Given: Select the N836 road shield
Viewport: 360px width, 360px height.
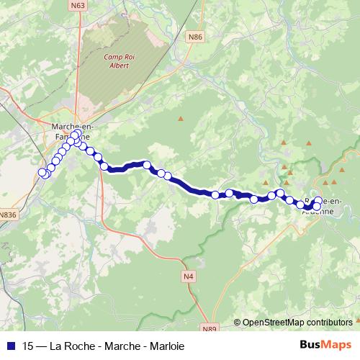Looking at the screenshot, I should point(8,214).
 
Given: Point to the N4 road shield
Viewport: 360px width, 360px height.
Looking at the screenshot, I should point(189,276).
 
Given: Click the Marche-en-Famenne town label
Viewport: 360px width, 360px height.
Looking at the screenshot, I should point(71,131).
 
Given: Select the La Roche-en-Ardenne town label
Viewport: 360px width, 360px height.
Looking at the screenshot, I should point(323,204).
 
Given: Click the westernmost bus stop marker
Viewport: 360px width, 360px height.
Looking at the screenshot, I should point(42,172).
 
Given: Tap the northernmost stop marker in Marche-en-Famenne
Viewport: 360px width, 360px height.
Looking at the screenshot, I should point(75,135).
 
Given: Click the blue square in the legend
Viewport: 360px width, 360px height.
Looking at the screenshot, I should point(11,346).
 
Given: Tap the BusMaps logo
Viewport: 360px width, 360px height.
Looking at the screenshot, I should point(326,346).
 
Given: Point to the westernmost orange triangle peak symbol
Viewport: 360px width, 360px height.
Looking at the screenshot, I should point(181,118).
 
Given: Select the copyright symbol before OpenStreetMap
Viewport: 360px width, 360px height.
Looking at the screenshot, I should point(237,323).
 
